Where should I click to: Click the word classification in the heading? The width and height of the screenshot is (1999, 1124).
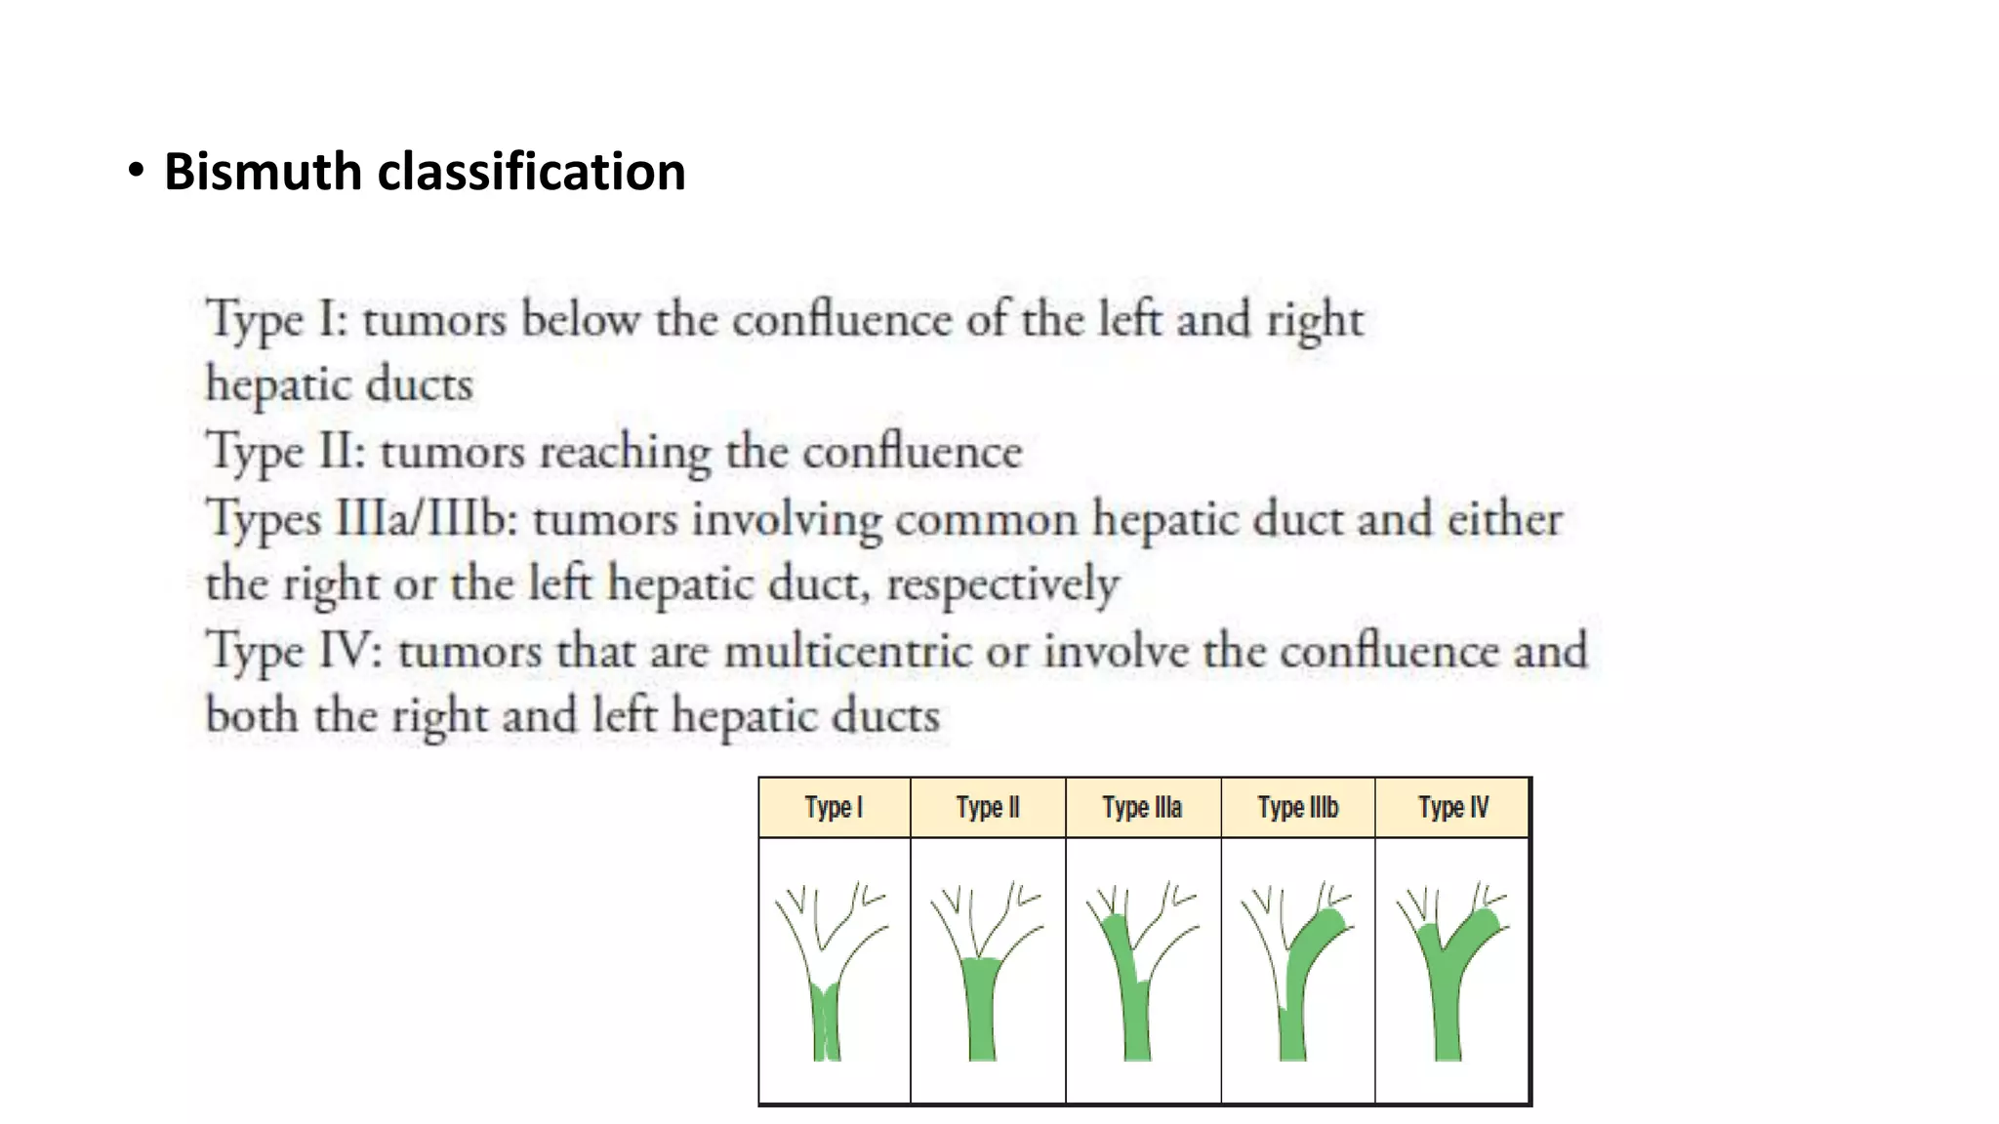531,172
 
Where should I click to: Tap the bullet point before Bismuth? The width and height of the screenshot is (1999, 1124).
136,171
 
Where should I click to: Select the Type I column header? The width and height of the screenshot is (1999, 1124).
834,808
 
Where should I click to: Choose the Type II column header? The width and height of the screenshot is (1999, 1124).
988,808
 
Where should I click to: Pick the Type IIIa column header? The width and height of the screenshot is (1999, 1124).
1142,808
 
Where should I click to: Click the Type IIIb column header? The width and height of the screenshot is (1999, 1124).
1297,808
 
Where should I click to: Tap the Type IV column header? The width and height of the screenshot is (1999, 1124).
1452,808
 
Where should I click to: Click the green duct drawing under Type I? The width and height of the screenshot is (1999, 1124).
826,1020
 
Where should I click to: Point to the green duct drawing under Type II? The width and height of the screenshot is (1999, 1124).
982,1010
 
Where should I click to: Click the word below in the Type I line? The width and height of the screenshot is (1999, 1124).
580,319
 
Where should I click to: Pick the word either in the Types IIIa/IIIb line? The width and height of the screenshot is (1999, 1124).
1504,518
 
